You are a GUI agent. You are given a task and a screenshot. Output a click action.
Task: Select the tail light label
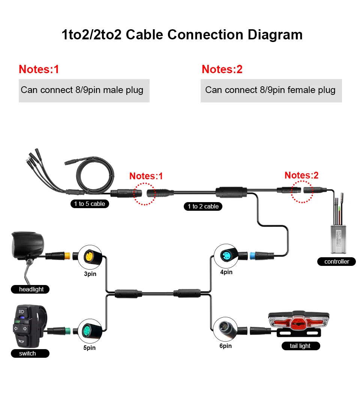(300, 346)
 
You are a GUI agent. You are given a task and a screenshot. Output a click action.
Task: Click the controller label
(337, 261)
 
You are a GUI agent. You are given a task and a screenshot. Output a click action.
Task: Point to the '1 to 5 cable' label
(90, 204)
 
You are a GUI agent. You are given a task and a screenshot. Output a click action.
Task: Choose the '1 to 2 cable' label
(203, 206)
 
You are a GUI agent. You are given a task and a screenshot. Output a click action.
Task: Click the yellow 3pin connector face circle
(90, 257)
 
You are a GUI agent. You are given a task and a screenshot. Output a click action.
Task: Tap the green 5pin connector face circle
(90, 331)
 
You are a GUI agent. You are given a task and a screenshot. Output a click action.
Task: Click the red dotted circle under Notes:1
(145, 193)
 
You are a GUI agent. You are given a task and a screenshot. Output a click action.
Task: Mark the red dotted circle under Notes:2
(302, 192)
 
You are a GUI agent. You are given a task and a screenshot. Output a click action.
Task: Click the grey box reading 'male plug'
(84, 90)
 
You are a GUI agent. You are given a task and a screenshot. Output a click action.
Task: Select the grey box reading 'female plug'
(271, 90)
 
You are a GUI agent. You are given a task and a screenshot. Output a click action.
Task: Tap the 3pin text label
(90, 274)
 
